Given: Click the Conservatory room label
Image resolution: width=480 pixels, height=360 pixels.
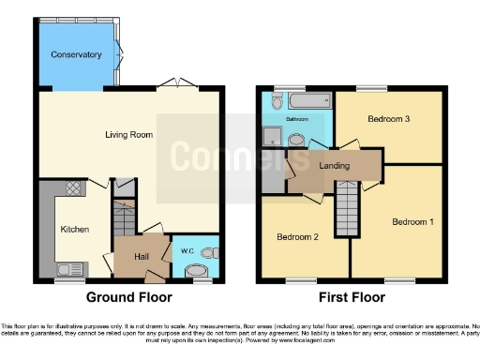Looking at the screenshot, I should (x=77, y=54).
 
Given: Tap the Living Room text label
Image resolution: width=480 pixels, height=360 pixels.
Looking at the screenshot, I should (x=127, y=135).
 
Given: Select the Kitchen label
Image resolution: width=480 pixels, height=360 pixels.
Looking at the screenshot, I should (x=74, y=229).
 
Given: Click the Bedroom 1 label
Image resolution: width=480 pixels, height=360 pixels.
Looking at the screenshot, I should (x=412, y=222).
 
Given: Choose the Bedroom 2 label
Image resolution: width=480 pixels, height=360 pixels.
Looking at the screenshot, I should (x=298, y=237).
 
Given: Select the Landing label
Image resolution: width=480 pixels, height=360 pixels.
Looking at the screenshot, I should (x=334, y=166).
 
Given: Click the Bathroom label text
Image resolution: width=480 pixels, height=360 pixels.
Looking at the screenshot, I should (x=297, y=120).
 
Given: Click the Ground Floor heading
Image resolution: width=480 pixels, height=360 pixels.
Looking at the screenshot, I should (x=129, y=297).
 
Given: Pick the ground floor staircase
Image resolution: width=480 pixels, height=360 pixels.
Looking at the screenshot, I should (x=124, y=221).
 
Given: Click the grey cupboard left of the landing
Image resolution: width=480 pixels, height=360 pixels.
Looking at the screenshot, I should (x=273, y=169).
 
